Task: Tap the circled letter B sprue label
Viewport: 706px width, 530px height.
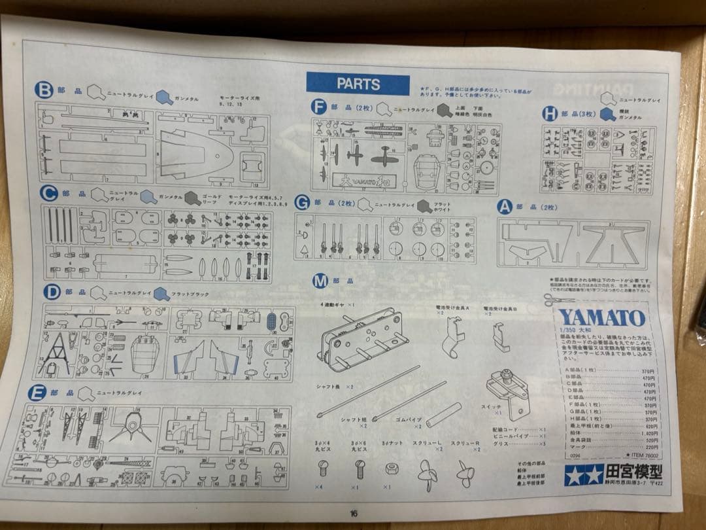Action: (44, 90)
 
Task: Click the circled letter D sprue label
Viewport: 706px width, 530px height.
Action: (52, 292)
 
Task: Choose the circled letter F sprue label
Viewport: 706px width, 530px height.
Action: (318, 107)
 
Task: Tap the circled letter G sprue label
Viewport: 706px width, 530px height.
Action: (302, 203)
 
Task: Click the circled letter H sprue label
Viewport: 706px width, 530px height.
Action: (550, 113)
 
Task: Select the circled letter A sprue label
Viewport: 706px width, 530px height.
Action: (504, 207)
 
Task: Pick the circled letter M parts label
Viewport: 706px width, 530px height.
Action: (320, 282)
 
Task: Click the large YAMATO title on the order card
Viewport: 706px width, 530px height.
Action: (602, 319)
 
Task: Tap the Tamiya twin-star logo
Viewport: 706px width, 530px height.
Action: (583, 474)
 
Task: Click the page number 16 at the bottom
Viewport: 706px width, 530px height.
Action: (354, 513)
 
